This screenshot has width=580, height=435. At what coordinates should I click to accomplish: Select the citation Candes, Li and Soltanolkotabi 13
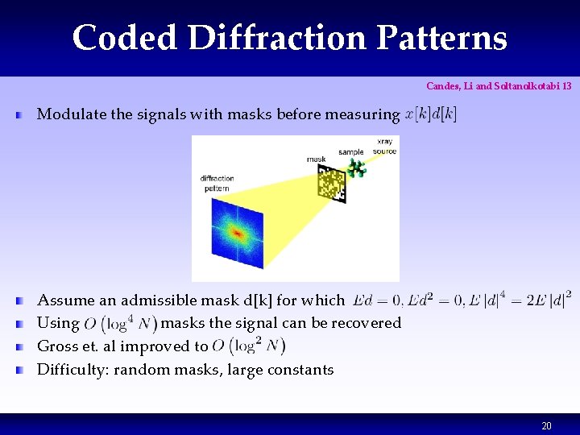click(499, 85)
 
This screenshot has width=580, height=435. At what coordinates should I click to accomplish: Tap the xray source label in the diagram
click(384, 147)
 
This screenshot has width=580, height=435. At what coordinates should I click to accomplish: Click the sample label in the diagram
click(350, 151)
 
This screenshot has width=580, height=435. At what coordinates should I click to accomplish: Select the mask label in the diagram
click(317, 159)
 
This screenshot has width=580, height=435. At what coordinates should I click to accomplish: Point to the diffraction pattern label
click(217, 184)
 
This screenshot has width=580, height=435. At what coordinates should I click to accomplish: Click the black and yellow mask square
click(330, 184)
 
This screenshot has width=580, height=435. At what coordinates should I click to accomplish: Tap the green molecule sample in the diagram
click(356, 168)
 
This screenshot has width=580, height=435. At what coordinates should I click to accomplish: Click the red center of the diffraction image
click(237, 233)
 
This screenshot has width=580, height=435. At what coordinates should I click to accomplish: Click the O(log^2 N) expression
click(249, 346)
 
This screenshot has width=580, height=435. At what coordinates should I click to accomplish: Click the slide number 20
click(546, 425)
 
